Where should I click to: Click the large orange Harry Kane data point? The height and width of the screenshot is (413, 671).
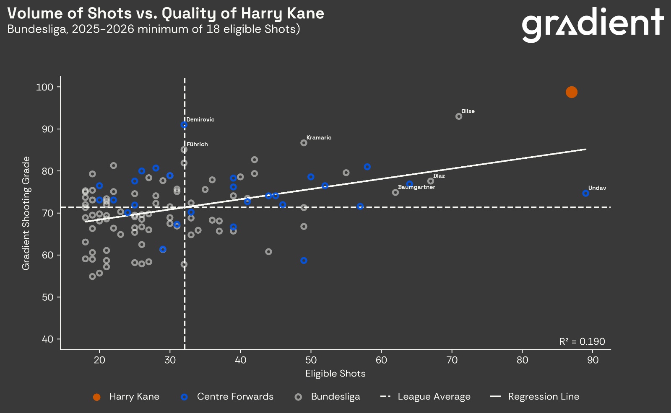point(571,92)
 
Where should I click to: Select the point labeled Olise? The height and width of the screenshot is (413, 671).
point(459,116)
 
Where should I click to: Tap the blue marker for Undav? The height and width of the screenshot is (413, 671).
point(585,194)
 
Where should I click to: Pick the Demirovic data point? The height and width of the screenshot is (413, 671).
point(184,125)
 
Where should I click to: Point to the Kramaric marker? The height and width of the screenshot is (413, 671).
point(304,143)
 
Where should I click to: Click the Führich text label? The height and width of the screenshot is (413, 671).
point(197,144)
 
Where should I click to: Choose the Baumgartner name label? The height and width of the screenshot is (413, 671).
point(416,187)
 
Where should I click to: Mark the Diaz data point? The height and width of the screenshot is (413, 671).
point(430,181)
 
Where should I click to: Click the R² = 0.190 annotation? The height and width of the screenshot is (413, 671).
point(582,341)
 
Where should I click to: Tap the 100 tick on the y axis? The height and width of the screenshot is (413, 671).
point(44,87)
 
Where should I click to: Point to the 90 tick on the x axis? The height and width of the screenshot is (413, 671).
point(593,360)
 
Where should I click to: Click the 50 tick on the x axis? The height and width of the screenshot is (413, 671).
point(311,360)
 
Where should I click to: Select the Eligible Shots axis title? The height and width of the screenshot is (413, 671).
point(335,374)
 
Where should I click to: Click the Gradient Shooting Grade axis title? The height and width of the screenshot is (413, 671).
point(26,213)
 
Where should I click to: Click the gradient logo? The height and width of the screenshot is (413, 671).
point(593,25)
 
